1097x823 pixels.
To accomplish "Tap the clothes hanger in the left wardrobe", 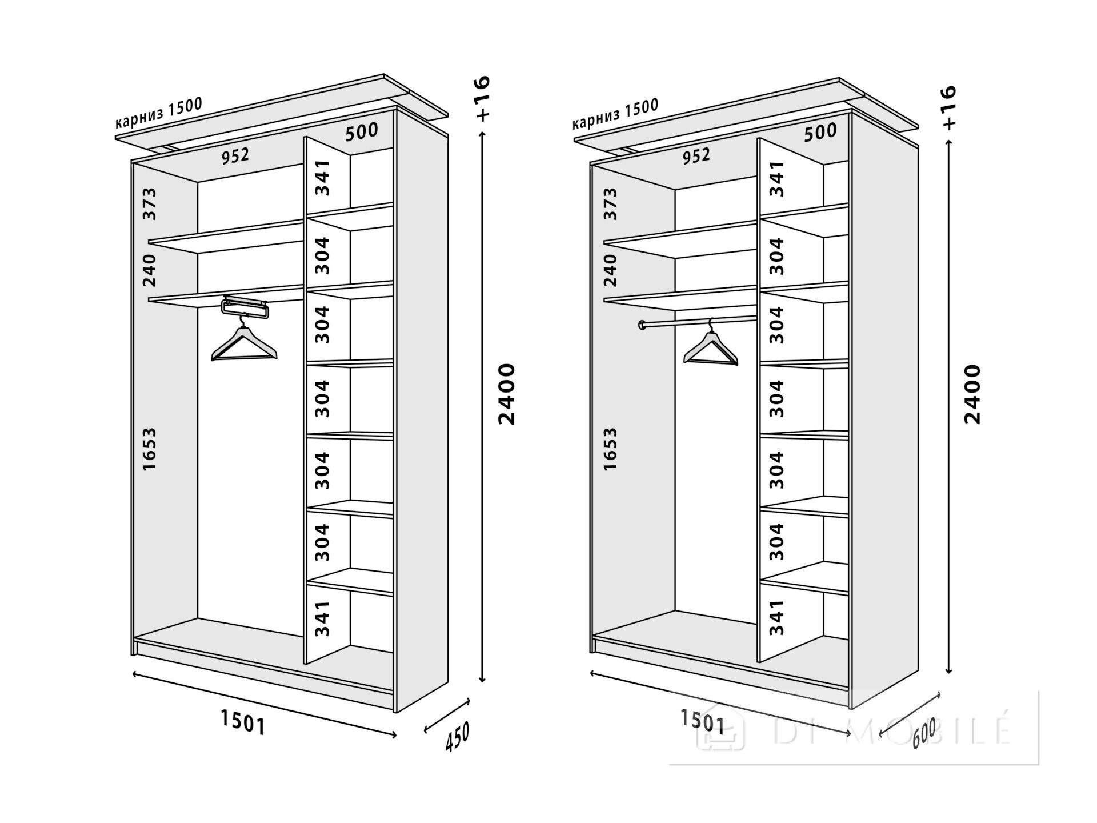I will [244, 343].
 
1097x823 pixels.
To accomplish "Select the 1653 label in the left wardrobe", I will [149, 449].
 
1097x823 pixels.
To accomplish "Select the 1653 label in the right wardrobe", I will [610, 449].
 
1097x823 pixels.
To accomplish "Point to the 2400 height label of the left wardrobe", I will [506, 394].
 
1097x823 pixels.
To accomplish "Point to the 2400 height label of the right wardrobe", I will [972, 394].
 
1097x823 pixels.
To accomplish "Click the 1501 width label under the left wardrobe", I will [243, 724].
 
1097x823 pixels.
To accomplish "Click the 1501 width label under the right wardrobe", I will [702, 721].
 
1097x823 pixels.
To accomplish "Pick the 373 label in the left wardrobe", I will [149, 203].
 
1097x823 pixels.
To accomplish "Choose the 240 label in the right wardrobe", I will [610, 270].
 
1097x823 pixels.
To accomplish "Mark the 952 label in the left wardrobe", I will [235, 155].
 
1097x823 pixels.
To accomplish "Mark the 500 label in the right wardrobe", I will [820, 133].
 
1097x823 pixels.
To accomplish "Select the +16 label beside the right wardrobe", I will [949, 107].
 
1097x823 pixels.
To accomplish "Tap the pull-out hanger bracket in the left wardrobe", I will [245, 307].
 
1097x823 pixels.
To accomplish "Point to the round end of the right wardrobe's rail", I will [643, 325].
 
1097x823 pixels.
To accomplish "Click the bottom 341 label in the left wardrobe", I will [323, 618].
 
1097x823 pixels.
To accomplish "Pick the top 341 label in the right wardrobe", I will [776, 178].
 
